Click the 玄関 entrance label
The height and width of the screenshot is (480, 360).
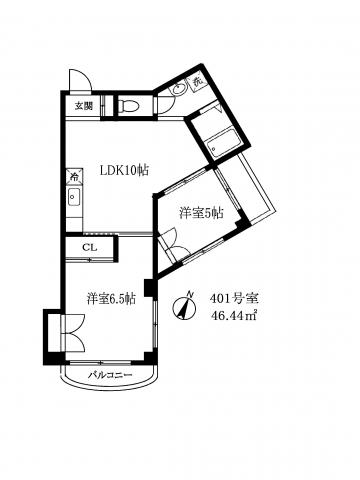pyautogui.click(x=83, y=106)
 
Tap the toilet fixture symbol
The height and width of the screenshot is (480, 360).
pyautogui.click(x=128, y=106)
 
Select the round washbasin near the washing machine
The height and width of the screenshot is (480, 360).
pyautogui.click(x=180, y=89)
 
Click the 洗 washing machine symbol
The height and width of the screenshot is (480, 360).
pyautogui.click(x=198, y=81)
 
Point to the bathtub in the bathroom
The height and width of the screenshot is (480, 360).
pyautogui.click(x=223, y=144)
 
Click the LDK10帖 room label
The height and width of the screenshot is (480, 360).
pyautogui.click(x=125, y=171)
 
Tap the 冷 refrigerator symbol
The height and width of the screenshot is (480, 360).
pyautogui.click(x=75, y=177)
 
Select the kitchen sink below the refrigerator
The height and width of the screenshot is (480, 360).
pyautogui.click(x=74, y=198)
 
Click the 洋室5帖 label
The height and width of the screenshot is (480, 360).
pyautogui.click(x=201, y=213)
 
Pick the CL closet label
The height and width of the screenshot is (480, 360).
pyautogui.click(x=90, y=247)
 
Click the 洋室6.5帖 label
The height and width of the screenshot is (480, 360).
pyautogui.click(x=111, y=299)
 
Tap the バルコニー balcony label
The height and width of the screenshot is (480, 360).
pyautogui.click(x=110, y=375)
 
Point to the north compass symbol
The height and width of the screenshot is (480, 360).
pyautogui.click(x=184, y=306)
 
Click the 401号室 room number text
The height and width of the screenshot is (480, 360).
pyautogui.click(x=234, y=298)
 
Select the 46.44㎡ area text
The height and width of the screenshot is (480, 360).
pyautogui.click(x=233, y=315)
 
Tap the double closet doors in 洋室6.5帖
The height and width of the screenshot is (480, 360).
pyautogui.click(x=74, y=332)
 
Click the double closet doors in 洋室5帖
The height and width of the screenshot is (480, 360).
pyautogui.click(x=173, y=243)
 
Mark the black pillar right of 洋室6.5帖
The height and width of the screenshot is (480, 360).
pyautogui.click(x=149, y=288)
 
